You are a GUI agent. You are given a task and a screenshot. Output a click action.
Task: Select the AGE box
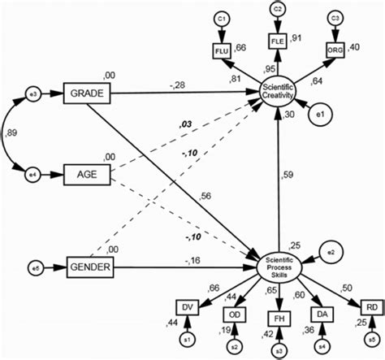click(87, 174)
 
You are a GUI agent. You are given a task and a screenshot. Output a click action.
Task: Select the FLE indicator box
click(276, 41)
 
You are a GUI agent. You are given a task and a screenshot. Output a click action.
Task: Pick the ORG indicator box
click(333, 49)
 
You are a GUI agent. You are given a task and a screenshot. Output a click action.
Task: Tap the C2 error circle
click(276, 10)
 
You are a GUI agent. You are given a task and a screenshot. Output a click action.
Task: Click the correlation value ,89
click(13, 133)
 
